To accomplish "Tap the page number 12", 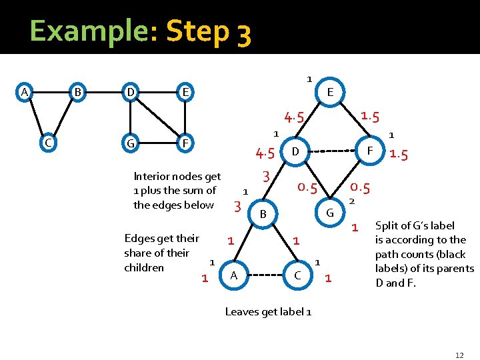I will [x=459, y=355].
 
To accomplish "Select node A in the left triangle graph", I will [x=25, y=91].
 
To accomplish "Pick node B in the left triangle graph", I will [x=78, y=91].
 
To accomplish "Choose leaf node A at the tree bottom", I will [x=233, y=275].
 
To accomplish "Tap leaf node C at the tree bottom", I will [x=297, y=275].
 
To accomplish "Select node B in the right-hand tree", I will [x=263, y=214].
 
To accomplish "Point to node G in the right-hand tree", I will [x=329, y=213].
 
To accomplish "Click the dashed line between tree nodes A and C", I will [x=265, y=275].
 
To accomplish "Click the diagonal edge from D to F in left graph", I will [x=158, y=117].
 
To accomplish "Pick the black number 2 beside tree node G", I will [x=352, y=201].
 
